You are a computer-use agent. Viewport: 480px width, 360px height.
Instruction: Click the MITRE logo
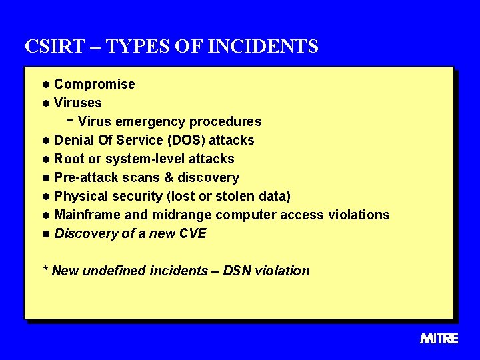click(x=439, y=339)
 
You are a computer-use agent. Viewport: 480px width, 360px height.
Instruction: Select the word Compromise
click(x=94, y=85)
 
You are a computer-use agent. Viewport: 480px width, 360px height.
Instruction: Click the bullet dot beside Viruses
click(x=45, y=103)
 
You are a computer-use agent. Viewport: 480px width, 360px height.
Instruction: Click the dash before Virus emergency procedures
click(x=70, y=121)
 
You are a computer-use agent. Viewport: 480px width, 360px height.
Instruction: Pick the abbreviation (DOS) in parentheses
click(x=187, y=141)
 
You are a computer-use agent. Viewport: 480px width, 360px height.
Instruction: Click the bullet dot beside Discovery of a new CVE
click(x=45, y=234)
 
